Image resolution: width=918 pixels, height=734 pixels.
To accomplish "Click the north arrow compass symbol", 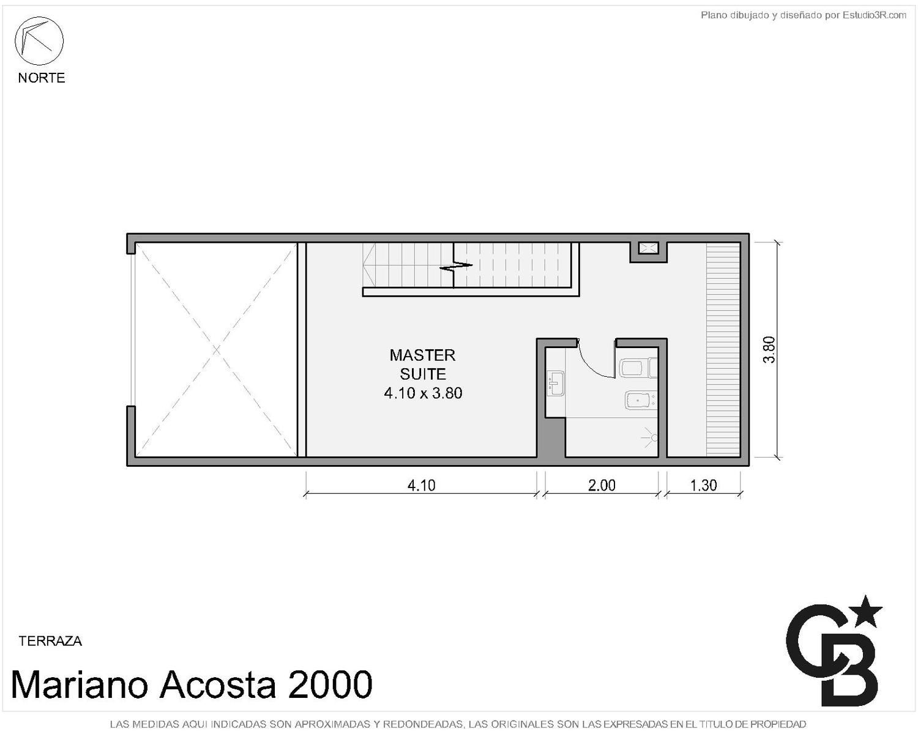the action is (39, 41).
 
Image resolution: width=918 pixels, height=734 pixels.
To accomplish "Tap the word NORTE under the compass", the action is (42, 78).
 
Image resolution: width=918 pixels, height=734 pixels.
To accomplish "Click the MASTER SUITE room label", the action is (422, 364).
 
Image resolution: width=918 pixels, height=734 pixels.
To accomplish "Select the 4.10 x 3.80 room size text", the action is (423, 393).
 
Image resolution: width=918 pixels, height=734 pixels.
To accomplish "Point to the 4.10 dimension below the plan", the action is (422, 485).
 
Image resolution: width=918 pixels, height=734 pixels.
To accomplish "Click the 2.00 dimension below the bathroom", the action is (602, 485).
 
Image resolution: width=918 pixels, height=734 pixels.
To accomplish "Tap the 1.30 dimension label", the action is (703, 485).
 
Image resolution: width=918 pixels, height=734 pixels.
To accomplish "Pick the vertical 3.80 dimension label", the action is (769, 350).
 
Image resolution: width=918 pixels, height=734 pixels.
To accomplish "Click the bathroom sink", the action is (556, 382).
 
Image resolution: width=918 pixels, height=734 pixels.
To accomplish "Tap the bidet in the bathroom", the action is (640, 400).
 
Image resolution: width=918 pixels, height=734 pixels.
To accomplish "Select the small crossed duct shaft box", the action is (648, 248).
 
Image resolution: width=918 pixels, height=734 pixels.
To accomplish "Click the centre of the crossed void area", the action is (216, 350).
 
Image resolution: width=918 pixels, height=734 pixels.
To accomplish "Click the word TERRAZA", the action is (50, 641).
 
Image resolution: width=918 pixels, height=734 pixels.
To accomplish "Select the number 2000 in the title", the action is (330, 684).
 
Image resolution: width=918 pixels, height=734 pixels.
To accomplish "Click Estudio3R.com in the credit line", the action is (874, 15).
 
